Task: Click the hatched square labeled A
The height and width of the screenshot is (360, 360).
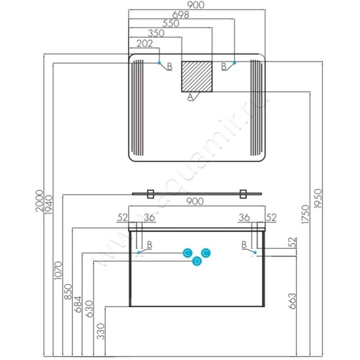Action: coord(197,76)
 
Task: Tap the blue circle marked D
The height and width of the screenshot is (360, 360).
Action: coord(197,261)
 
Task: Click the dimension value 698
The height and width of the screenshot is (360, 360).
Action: coord(181,15)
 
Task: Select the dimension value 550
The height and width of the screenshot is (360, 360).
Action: coord(171,24)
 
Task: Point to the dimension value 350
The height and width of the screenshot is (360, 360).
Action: coord(156,33)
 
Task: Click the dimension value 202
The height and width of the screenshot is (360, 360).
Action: coord(144,43)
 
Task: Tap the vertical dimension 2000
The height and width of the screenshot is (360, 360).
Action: coord(40,201)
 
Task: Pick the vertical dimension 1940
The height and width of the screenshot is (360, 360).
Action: coord(49,205)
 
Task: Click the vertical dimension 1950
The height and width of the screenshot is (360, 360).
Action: coord(318,198)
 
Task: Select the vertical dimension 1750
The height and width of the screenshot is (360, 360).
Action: coord(306,215)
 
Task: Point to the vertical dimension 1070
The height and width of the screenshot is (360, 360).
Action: coord(58,270)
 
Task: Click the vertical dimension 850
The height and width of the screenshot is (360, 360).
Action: coord(68,292)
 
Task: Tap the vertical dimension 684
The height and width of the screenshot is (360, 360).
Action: coord(78,305)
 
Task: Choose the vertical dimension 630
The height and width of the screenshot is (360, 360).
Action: coord(89,309)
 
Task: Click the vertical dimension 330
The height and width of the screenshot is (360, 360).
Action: coord(100,331)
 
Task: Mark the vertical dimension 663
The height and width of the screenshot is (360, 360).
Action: coord(292,301)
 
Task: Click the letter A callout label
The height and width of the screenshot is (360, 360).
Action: coord(190,97)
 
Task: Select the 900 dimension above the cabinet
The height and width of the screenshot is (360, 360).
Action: coord(195,201)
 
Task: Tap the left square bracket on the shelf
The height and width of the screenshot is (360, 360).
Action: coord(150,194)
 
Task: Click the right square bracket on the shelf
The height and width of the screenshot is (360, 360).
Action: coord(243,194)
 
